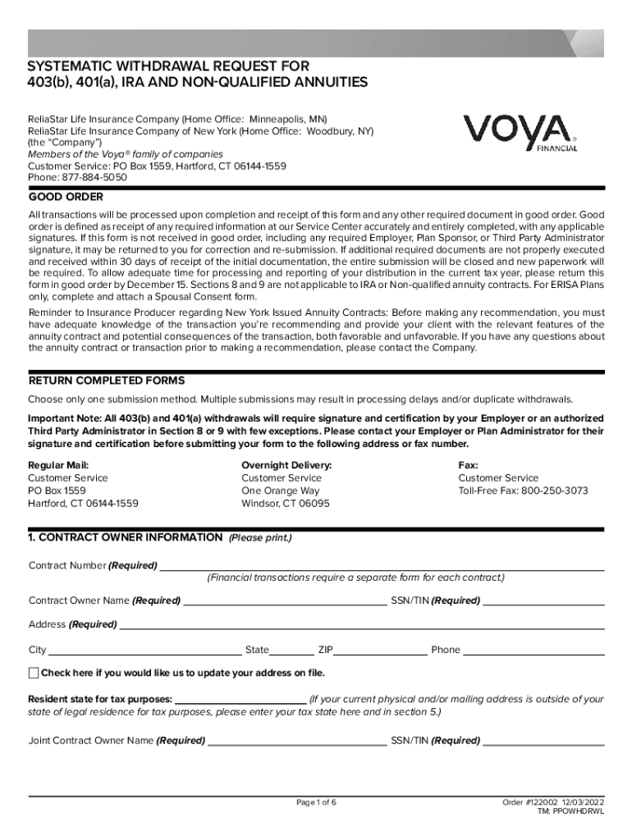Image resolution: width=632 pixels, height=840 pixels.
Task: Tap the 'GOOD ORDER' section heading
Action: pos(66,197)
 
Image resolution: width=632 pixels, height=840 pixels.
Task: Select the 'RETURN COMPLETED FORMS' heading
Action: pos(107,381)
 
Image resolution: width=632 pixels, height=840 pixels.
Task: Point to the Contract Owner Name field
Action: pos(284,600)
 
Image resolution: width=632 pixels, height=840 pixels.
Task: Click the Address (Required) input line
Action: pos(361,624)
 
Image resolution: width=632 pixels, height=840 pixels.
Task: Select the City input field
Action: pos(144,650)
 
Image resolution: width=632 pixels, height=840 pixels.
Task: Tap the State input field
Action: pos(291,650)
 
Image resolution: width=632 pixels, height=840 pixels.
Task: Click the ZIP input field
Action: pos(380,650)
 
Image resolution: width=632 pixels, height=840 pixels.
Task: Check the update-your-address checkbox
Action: pos(34,673)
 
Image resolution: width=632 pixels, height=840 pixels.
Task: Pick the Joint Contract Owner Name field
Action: pos(297,740)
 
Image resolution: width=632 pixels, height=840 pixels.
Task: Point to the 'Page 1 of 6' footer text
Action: pos(316,801)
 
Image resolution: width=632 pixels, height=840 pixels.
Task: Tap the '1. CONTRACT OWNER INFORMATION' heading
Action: pos(125,537)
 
